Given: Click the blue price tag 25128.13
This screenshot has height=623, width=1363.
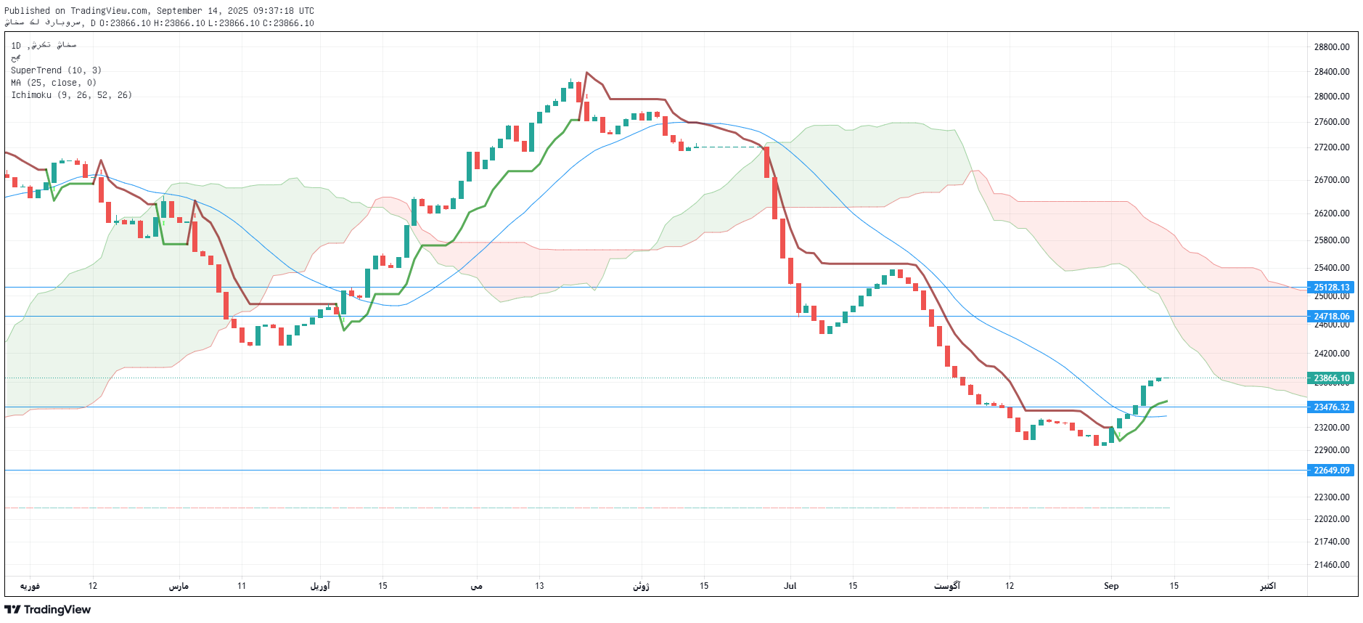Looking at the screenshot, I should (1331, 288).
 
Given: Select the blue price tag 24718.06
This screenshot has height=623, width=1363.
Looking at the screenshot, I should (1331, 317).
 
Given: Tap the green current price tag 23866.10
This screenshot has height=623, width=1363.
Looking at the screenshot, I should (1331, 378).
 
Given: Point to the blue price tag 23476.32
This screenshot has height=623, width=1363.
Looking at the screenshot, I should (1331, 407).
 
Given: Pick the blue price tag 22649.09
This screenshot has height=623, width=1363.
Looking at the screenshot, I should (1331, 471).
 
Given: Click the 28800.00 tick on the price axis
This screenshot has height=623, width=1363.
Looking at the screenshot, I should (1331, 47).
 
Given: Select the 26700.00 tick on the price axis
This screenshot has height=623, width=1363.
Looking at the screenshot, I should (1331, 180).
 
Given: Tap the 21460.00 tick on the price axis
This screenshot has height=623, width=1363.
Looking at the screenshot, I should (1331, 565).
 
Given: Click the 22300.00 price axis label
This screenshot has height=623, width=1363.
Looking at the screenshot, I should (1331, 497).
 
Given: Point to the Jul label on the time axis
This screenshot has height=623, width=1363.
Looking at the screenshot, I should (790, 586).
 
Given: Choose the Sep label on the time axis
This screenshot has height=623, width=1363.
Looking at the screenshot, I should (1110, 586).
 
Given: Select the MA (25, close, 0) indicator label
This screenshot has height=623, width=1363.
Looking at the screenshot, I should (53, 83).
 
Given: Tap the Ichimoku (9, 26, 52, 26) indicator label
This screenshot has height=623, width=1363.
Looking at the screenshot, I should (71, 95).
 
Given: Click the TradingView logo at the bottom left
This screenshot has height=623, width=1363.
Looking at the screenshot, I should (48, 610).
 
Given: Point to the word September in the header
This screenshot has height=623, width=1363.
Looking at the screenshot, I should (179, 11).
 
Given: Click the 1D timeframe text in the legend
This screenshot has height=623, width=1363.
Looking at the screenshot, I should (16, 46).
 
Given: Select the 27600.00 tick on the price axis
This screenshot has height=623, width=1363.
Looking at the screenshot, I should (1331, 122).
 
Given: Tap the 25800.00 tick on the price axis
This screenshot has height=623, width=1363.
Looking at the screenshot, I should (1331, 240).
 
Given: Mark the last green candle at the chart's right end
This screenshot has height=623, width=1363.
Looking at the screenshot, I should (1158, 379).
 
